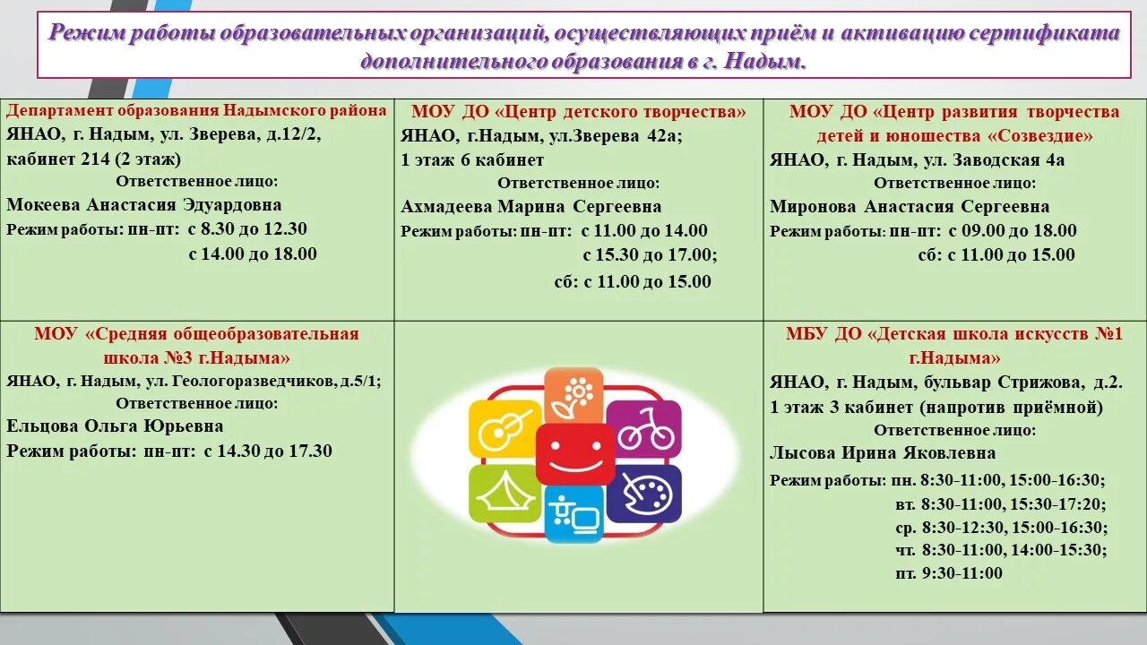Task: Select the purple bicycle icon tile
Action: [643, 429]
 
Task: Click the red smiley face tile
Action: [574, 453]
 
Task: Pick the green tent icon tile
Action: [505, 493]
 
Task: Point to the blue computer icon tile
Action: [573, 514]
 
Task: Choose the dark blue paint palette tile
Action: [643, 493]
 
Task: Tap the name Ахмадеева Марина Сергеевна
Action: [531, 207]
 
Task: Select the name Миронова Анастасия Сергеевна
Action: [910, 207]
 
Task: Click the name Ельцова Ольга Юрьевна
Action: [115, 426]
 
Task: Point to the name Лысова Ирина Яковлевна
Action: [883, 452]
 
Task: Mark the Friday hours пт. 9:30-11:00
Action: [949, 573]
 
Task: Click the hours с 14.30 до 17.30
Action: [268, 451]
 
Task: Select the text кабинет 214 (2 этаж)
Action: [93, 159]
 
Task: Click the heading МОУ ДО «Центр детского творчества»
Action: [578, 112]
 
